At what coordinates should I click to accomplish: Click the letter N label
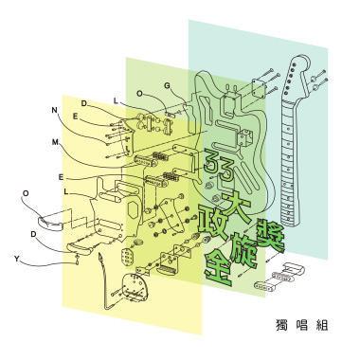point(55,110)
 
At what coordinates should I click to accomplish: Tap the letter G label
point(167,85)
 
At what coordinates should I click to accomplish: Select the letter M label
point(55,142)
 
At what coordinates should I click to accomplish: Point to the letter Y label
point(16,260)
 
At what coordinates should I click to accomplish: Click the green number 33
point(218,167)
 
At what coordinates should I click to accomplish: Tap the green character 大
point(237,206)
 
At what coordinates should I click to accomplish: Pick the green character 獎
point(269,235)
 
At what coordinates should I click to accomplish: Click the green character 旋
point(244,250)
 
